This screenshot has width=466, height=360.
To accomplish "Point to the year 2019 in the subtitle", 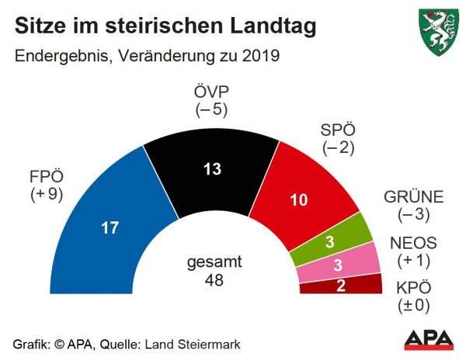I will click(x=252, y=56).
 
